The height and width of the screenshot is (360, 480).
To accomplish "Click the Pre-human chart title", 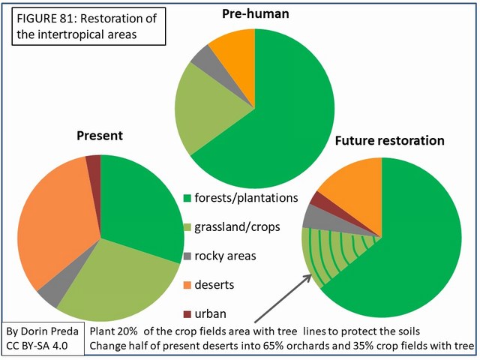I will pyautogui.click(x=256, y=14).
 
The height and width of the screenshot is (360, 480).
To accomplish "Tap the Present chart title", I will pyautogui.click(x=100, y=136).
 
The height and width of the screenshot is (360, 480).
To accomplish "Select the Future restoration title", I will pyautogui.click(x=389, y=140).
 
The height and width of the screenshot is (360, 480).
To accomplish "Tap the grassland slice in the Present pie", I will pyautogui.click(x=120, y=277).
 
